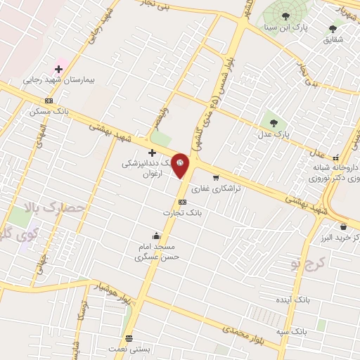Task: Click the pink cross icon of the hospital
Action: click(x=58, y=69)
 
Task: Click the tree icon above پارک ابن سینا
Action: click(x=285, y=15)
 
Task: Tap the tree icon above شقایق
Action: click(x=333, y=29)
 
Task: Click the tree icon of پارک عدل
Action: click(x=273, y=120)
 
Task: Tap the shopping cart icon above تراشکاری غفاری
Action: click(x=216, y=178)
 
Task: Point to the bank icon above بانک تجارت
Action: click(x=183, y=202)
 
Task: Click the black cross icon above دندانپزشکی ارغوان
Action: click(x=152, y=152)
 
